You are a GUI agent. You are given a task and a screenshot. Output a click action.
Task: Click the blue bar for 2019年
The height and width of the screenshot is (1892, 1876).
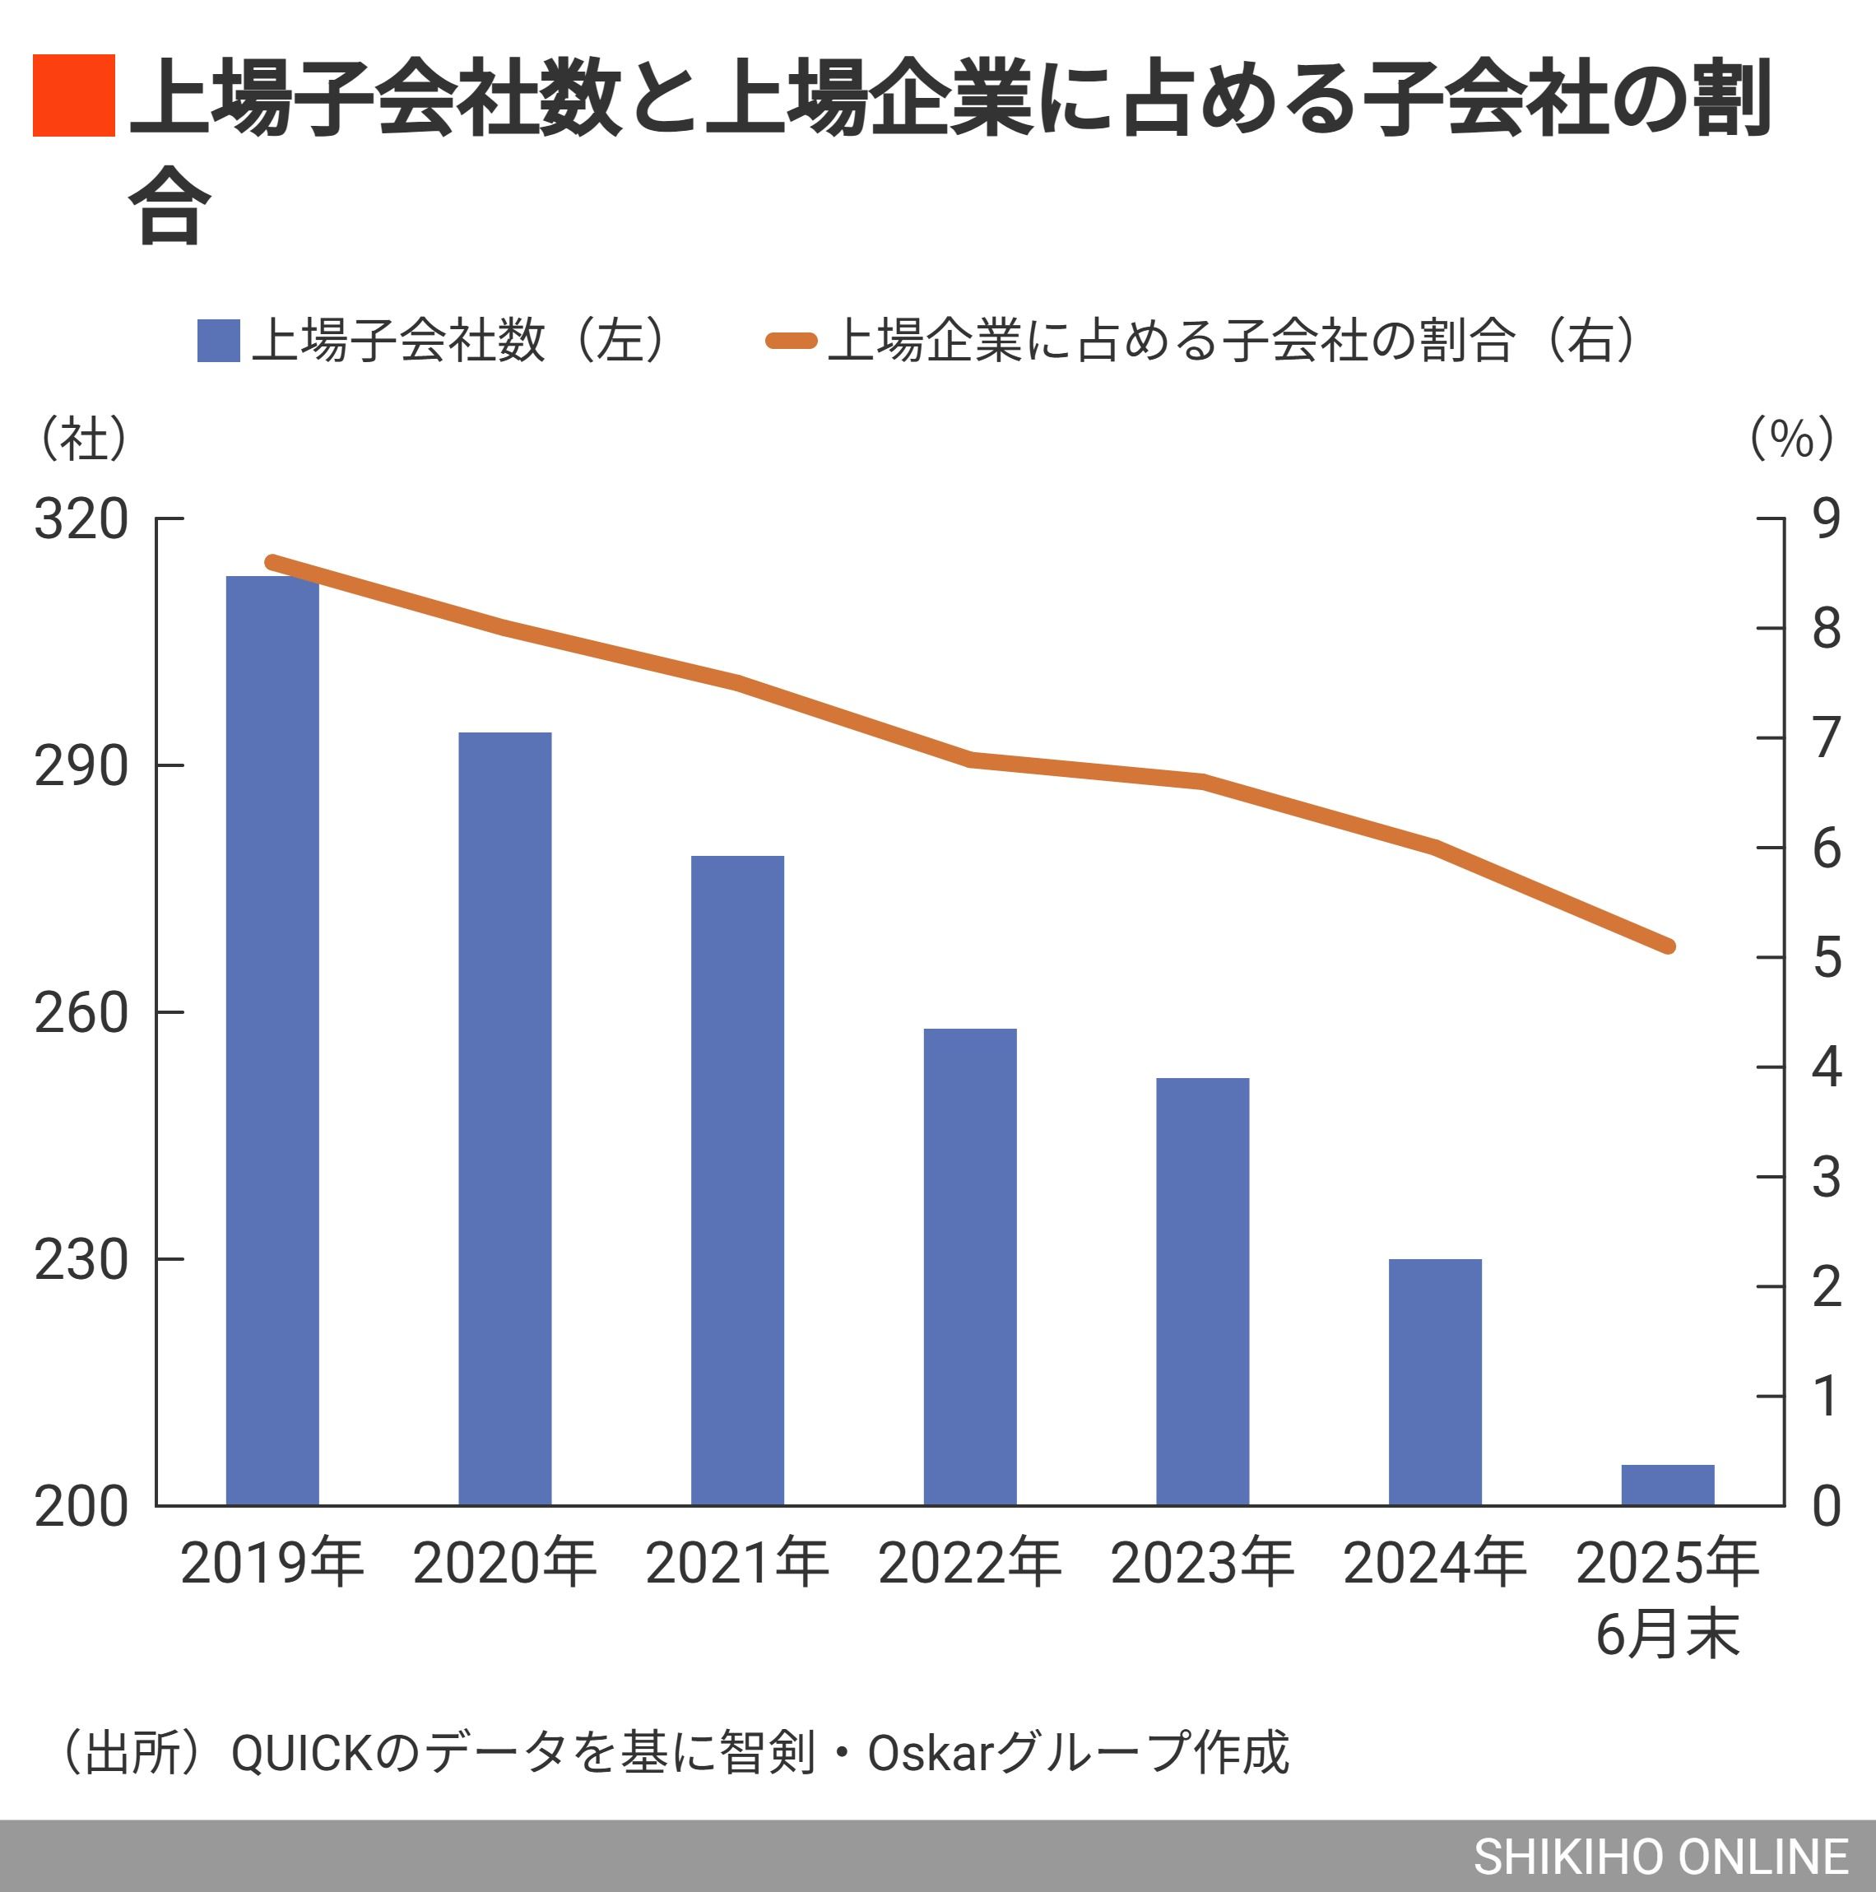pos(272,1038)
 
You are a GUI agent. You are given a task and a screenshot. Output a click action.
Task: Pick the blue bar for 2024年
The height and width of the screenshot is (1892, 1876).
pos(1434,1381)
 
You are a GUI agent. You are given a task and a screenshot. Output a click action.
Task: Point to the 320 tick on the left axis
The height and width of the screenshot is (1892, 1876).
pos(81,519)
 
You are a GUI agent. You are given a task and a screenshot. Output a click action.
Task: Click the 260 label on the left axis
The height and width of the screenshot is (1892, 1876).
pos(81,1012)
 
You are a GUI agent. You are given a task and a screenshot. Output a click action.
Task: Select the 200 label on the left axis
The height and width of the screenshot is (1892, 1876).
pos(81,1506)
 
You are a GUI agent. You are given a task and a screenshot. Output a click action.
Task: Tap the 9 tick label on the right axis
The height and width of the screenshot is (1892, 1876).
pos(1826,519)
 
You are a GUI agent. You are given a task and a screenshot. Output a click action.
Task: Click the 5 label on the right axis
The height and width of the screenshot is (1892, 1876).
pos(1826,957)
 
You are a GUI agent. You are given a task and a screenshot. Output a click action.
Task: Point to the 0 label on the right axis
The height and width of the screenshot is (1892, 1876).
pos(1826,1506)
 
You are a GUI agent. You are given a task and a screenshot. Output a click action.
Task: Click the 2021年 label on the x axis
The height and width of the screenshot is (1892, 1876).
pos(736,1563)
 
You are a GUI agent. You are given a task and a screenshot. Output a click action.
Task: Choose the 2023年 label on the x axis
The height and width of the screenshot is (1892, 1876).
pos(1201,1563)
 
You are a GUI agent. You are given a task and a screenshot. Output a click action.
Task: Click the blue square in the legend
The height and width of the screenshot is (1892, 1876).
pos(218,341)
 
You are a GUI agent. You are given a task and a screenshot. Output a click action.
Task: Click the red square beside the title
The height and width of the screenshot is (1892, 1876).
pos(73,95)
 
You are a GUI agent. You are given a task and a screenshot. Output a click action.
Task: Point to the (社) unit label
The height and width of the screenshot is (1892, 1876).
pos(83,438)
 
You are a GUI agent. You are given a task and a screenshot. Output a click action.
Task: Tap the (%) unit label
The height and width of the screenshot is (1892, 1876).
pos(1792,438)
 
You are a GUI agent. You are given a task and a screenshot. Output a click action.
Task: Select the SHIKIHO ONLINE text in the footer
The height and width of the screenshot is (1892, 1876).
pos(1660,1857)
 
